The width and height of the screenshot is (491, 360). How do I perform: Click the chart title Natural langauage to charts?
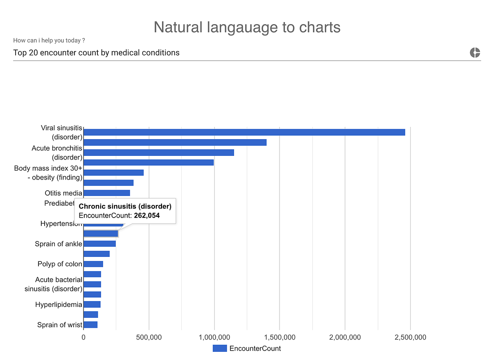coord(247,27)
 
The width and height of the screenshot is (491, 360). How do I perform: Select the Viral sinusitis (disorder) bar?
coord(244,132)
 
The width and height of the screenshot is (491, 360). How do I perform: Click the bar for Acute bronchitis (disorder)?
coord(158,152)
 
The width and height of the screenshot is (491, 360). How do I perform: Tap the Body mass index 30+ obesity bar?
coord(113,173)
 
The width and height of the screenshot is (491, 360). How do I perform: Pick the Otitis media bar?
coord(106,193)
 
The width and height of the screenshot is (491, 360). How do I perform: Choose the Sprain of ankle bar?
coord(99,244)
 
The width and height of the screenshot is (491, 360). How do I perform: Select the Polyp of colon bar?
coord(93,264)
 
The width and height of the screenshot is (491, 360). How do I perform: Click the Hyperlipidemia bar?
coord(92,304)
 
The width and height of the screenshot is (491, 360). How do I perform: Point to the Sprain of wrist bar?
coord(90,325)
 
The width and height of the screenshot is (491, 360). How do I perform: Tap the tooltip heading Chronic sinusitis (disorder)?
coord(125,207)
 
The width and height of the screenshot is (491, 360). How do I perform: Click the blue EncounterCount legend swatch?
coord(219,349)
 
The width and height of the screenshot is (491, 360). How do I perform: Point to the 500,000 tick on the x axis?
coord(149,337)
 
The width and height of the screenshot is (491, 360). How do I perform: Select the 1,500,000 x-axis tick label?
coord(279,337)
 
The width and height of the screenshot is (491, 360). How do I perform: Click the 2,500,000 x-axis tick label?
coord(410,337)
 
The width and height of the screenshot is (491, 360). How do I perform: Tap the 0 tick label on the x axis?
coord(83,337)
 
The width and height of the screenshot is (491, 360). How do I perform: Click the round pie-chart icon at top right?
coord(475,52)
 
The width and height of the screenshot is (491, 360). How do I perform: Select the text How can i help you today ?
coord(49,40)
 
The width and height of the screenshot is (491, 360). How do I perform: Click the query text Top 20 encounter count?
coord(96,53)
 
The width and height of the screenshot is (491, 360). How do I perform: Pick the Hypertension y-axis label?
coord(61,224)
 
